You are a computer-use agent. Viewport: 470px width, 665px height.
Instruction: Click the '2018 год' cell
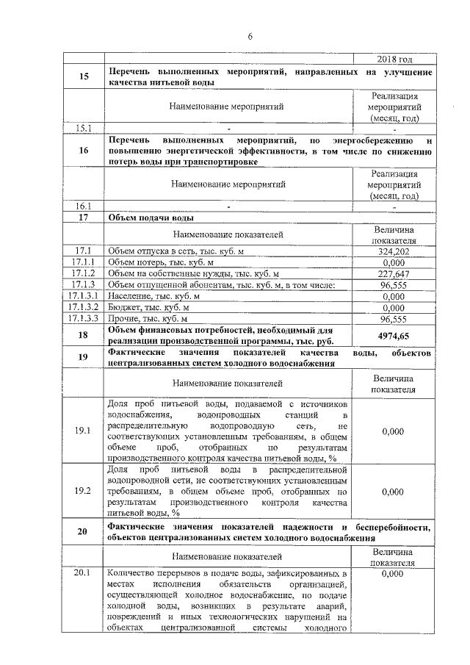pos(394,59)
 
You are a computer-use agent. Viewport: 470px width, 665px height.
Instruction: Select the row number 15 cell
pos(83,76)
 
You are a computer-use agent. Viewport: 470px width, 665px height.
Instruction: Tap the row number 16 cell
pos(83,150)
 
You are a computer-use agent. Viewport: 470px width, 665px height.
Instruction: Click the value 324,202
pos(394,251)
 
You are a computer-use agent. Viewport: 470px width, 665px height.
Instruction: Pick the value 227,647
pos(394,273)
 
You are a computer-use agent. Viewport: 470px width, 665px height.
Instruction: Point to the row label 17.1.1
pos(83,262)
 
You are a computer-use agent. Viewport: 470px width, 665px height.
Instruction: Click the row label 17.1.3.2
pos(83,307)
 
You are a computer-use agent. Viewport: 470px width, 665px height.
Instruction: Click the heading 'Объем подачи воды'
pos(151,218)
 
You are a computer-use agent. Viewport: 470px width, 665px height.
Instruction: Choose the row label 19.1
pos(83,431)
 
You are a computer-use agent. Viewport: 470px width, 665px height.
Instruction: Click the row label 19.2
pos(83,491)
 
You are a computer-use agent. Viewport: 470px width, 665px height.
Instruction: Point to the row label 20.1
pos(83,572)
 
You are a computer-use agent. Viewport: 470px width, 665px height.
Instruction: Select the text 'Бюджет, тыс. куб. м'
pos(148,307)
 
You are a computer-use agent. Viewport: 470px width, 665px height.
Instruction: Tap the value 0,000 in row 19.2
pos(394,491)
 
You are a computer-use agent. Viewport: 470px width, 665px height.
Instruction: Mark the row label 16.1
pos(83,206)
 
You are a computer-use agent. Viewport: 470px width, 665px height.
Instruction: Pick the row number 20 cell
pos(83,532)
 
